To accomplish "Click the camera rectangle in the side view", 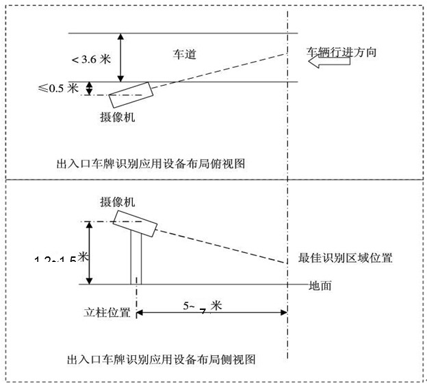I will [134, 223].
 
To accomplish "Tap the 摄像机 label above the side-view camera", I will [117, 202].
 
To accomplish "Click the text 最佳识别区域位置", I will [346, 258].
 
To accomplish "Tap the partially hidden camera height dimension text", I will [62, 259].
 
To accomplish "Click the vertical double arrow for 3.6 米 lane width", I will [120, 57].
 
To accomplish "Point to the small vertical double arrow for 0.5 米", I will [88, 88].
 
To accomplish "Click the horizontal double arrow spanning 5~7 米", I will [211, 313].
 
